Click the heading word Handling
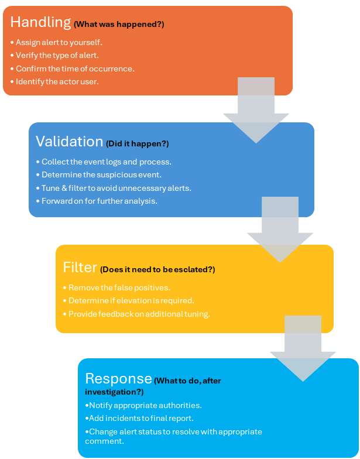click(40, 22)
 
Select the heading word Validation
click(69, 142)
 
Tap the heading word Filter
click(80, 268)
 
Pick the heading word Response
click(118, 378)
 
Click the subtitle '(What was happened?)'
click(119, 25)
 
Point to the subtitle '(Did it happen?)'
click(137, 143)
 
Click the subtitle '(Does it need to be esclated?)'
click(157, 270)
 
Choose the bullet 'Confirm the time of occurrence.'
click(72, 68)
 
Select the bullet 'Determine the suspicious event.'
click(98, 174)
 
